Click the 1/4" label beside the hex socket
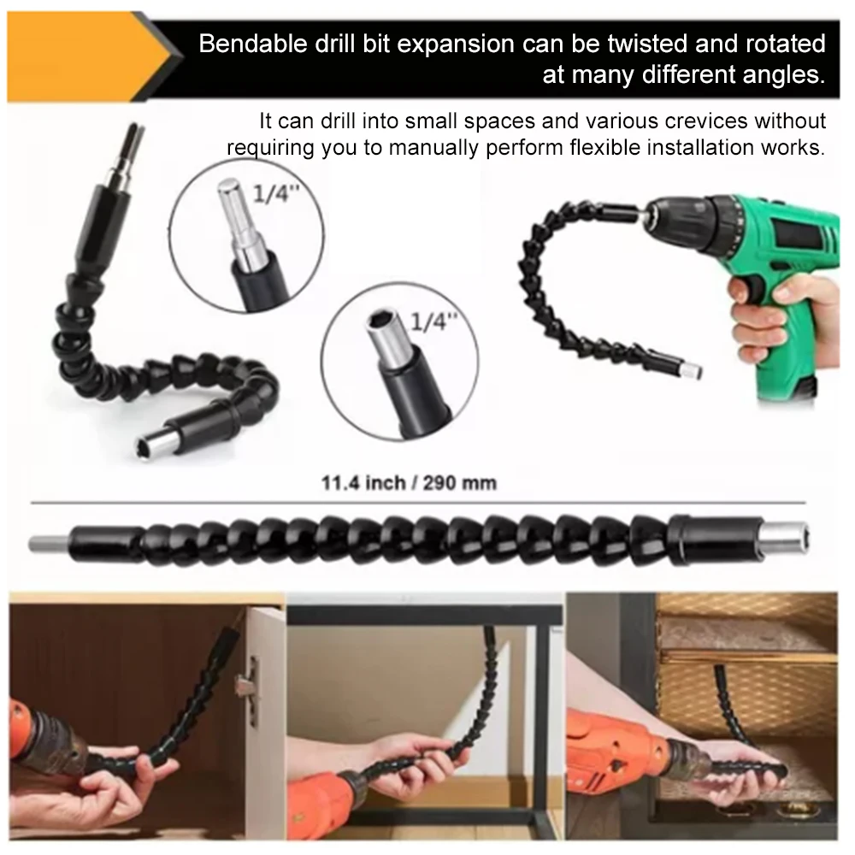click(x=433, y=321)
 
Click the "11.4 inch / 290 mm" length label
click(x=409, y=483)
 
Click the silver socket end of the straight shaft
click(x=785, y=539)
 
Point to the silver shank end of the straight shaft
click(x=50, y=544)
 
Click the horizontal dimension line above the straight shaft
click(x=418, y=502)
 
